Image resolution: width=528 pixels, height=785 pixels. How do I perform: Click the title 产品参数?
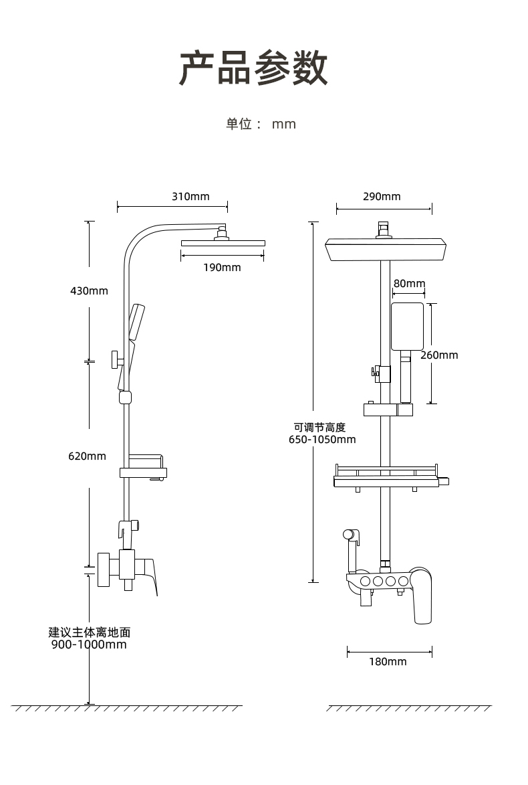(253, 68)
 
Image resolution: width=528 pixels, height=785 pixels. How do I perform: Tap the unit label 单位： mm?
(261, 124)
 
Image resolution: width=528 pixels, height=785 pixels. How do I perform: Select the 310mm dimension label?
(190, 196)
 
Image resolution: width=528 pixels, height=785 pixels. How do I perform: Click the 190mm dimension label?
(222, 267)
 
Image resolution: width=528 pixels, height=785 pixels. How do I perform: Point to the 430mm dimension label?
(89, 291)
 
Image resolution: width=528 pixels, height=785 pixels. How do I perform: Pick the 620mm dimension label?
(88, 456)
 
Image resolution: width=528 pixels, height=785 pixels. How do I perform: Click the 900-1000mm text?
(89, 644)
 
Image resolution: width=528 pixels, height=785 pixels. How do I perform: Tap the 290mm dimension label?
(382, 196)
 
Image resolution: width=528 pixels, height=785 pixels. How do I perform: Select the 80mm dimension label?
(410, 283)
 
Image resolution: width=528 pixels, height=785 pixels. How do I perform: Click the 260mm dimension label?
(439, 355)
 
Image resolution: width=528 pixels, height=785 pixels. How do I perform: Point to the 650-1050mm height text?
(322, 440)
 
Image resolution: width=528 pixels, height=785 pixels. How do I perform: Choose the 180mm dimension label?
(388, 661)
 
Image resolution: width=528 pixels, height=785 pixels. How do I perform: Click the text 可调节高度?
(319, 427)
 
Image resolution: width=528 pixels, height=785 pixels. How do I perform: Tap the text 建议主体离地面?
(90, 632)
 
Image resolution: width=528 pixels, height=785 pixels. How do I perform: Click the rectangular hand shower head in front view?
(407, 327)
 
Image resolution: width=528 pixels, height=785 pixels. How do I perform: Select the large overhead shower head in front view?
(386, 250)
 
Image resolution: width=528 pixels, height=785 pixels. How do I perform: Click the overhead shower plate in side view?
(223, 244)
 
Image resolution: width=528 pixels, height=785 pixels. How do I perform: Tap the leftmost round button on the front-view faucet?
(365, 582)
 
